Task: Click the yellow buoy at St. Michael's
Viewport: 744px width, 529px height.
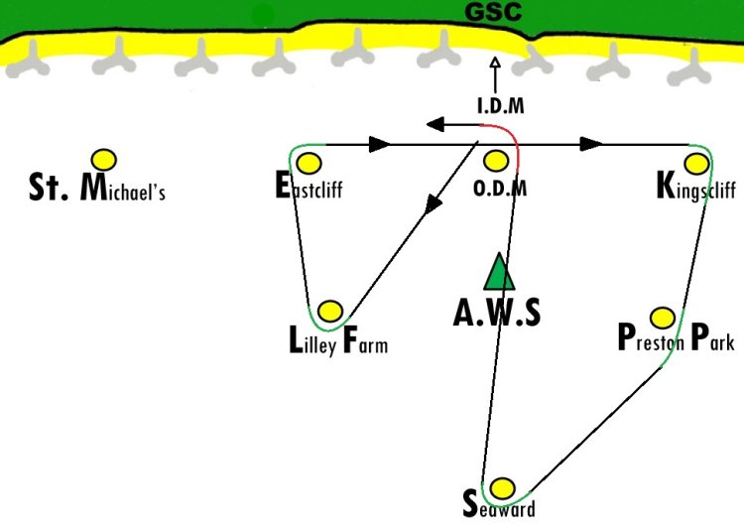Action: coord(104,160)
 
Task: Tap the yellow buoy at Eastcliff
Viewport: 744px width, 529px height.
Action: coord(309,164)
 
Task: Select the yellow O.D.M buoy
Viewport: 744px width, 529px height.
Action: coord(496,161)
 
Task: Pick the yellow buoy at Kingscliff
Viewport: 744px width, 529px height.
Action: coord(696,164)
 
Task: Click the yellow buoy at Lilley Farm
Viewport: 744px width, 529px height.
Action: coord(330,312)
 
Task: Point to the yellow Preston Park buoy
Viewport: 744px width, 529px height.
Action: coord(663,318)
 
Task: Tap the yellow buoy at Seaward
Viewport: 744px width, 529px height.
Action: coord(502,488)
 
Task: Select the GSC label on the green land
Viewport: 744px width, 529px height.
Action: coord(493,11)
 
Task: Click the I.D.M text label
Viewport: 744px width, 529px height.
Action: coord(501,106)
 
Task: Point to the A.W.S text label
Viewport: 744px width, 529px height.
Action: coord(497,313)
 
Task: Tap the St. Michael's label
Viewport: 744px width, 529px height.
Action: coord(97,188)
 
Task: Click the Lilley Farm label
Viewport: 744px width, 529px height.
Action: coord(338,340)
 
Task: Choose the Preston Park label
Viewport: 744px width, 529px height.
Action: coord(677,337)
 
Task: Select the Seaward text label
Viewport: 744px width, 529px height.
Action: coord(499,505)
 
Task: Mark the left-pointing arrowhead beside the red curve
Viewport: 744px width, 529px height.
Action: coord(435,124)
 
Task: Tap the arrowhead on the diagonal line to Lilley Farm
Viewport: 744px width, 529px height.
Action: coord(433,204)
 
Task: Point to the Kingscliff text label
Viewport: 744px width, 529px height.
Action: coord(696,188)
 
